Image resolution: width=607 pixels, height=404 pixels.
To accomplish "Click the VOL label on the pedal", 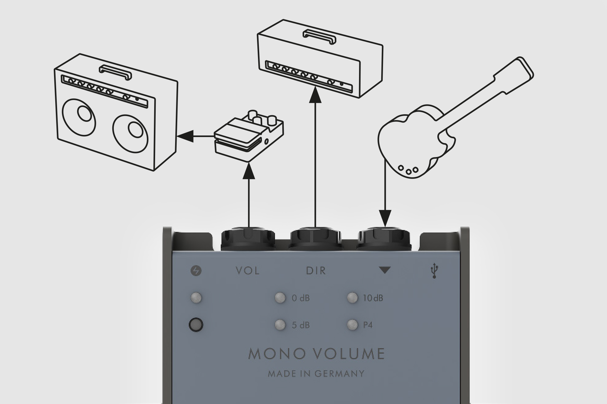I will (248, 270).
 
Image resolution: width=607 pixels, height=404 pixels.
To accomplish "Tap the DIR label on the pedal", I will (316, 270).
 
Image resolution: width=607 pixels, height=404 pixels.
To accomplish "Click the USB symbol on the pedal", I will (435, 271).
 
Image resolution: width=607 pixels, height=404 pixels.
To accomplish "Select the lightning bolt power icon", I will (196, 271).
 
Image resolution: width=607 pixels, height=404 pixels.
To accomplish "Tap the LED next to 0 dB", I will (280, 298).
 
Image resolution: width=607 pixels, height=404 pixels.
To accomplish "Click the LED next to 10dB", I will (352, 298).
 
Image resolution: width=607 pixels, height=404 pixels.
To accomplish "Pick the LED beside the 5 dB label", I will (280, 325).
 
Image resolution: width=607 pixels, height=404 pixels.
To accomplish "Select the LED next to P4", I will (352, 325).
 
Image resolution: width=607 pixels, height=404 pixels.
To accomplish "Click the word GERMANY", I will (339, 374).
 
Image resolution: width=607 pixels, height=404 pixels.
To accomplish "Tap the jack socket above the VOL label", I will (248, 239).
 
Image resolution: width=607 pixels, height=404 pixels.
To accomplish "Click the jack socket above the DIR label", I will (316, 239).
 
